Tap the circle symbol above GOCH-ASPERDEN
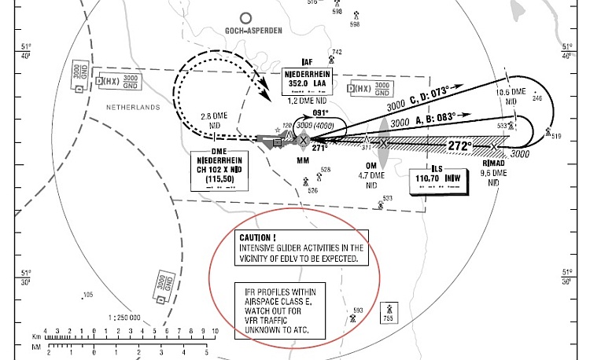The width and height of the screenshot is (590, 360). click(x=246, y=17)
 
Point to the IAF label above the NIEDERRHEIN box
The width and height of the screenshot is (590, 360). click(x=307, y=63)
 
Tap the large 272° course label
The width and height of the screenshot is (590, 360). click(x=459, y=145)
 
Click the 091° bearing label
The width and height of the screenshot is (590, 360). click(x=320, y=112)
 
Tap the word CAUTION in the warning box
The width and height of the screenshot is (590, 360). click(x=258, y=237)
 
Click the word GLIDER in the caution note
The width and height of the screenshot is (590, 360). click(x=286, y=248)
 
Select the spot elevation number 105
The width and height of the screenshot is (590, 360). click(x=88, y=295)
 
